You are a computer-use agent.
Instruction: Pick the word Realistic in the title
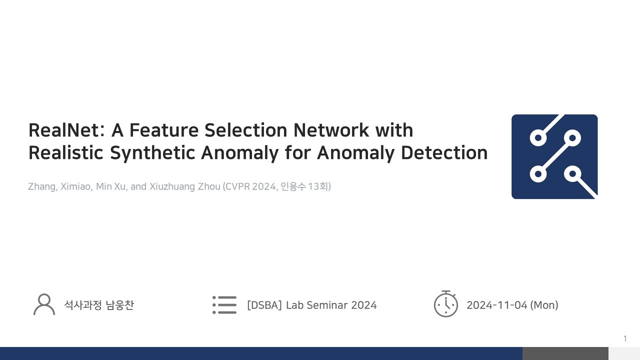(x=66, y=153)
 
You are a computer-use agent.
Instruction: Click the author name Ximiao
(x=76, y=186)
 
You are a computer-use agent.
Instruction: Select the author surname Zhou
(x=207, y=186)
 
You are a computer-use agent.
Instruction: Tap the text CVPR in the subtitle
(x=237, y=186)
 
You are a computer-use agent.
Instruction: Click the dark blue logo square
(x=554, y=156)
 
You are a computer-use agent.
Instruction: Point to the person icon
(x=44, y=304)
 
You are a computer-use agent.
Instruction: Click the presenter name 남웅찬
(x=120, y=305)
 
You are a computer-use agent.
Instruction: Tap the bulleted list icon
(x=224, y=304)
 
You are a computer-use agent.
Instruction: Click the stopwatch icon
(x=445, y=304)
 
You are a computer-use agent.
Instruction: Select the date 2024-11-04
(x=496, y=305)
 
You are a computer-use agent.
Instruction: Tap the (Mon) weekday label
(x=544, y=305)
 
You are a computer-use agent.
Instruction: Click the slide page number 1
(x=625, y=339)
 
